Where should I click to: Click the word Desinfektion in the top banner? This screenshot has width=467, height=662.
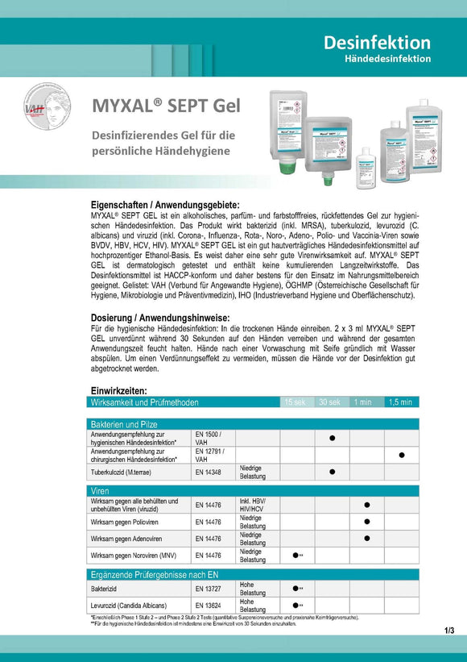pyautogui.click(x=378, y=42)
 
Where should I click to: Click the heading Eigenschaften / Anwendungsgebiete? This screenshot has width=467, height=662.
pyautogui.click(x=164, y=205)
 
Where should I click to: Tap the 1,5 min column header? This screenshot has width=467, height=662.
pyautogui.click(x=400, y=402)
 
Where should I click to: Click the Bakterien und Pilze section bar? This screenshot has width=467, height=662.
pyautogui.click(x=124, y=423)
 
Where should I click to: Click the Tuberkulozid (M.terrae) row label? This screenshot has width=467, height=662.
pyautogui.click(x=129, y=473)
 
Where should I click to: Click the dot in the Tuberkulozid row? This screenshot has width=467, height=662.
pyautogui.click(x=332, y=473)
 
